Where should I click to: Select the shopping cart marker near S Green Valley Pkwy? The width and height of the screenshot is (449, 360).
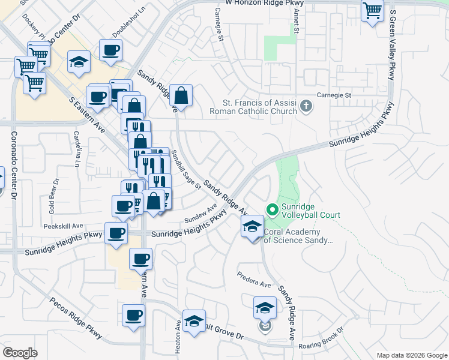click(x=372, y=11)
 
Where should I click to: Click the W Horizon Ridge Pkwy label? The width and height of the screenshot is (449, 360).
click(x=265, y=4)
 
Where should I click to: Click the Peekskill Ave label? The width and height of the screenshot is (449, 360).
click(x=62, y=226)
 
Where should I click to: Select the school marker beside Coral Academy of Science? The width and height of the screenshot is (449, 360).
click(x=252, y=227)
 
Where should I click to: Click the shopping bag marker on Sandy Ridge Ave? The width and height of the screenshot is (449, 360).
click(x=181, y=95)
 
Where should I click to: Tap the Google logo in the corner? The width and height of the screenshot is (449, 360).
click(x=20, y=353)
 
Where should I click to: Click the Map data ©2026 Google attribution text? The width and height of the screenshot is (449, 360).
click(x=411, y=355)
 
